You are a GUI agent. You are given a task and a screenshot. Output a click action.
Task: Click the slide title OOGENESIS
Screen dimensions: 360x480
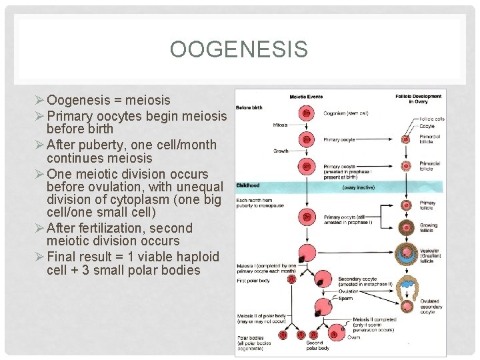tap(239, 49)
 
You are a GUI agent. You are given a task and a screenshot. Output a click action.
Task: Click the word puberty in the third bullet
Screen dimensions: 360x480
tap(90, 144)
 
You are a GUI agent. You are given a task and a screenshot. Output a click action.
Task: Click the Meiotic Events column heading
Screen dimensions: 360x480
tap(306, 97)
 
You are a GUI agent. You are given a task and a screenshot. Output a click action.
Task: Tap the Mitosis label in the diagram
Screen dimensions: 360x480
tap(281, 125)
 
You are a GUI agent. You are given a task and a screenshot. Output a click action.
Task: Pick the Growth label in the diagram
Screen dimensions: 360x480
tap(281, 151)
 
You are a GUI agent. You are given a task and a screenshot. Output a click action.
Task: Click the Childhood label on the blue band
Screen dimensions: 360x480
tap(248, 185)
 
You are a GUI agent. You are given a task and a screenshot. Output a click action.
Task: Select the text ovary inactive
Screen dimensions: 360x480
tap(359, 188)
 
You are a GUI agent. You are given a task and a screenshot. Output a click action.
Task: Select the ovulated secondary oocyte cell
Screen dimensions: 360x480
tap(406, 305)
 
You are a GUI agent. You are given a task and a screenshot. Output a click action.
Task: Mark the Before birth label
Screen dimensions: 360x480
tap(249, 107)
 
